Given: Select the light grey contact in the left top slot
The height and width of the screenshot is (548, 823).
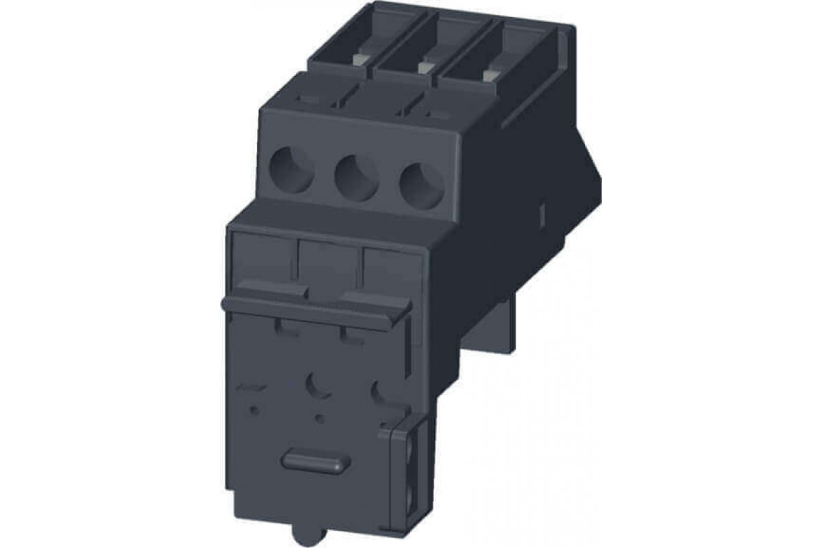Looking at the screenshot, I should click(358, 60).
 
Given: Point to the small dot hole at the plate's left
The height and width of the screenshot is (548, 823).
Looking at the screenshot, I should click(254, 410).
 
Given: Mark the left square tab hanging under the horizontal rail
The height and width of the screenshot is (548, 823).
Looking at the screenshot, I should click(289, 327).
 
